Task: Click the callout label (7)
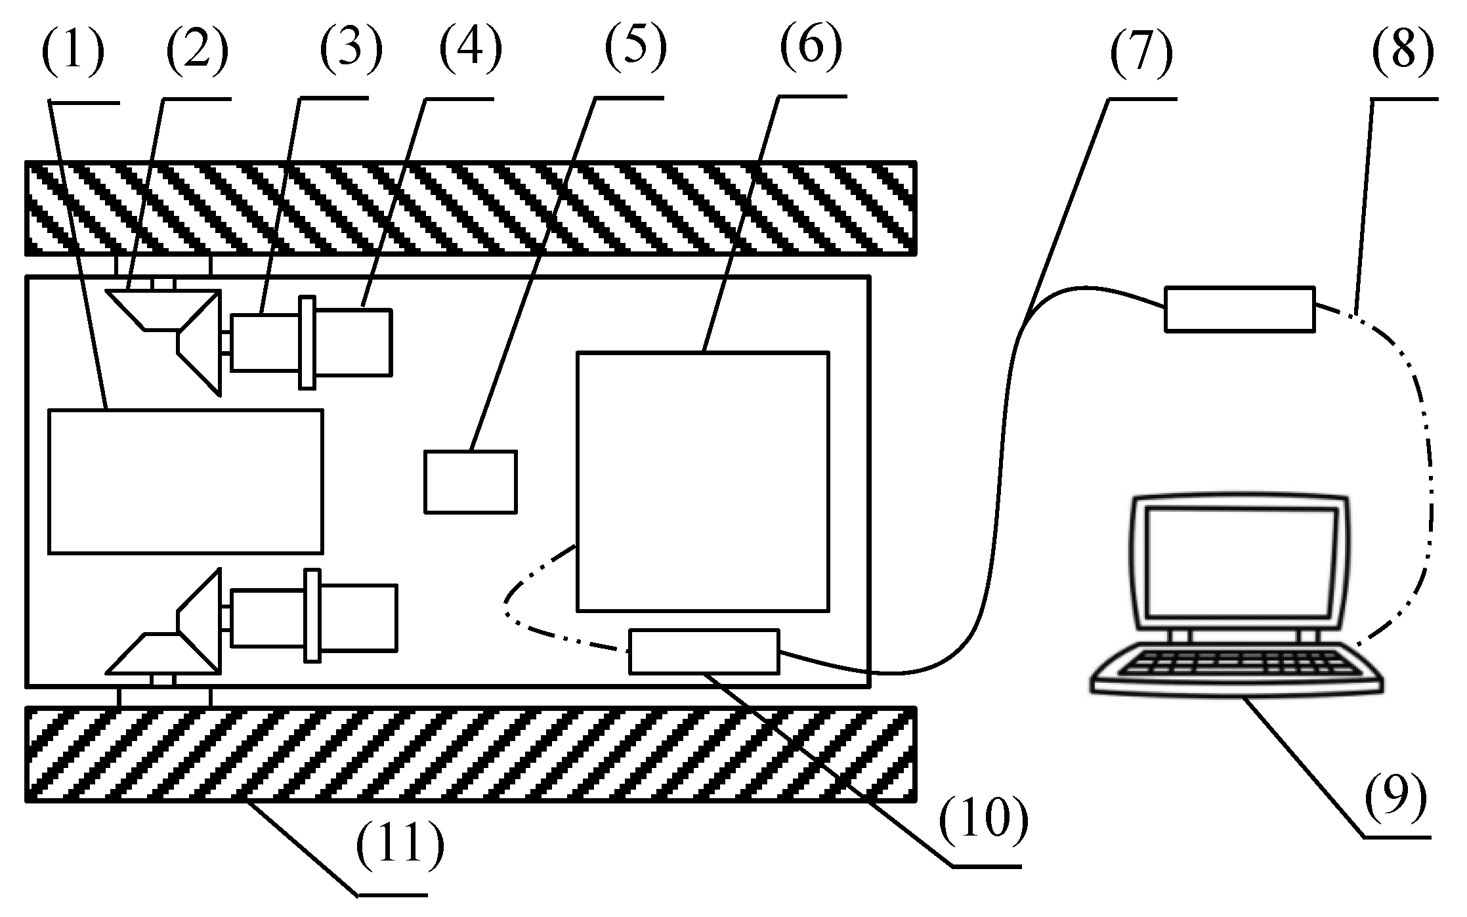[1141, 53]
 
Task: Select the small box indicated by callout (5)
[470, 481]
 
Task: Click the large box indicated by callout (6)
[702, 481]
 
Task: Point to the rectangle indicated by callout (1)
[186, 481]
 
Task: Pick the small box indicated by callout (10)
[704, 651]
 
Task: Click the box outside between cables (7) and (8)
[1239, 309]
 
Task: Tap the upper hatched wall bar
[470, 207]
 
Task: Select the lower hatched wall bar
[470, 754]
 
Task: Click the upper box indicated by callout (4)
[353, 342]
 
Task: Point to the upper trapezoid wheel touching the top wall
[161, 309]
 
